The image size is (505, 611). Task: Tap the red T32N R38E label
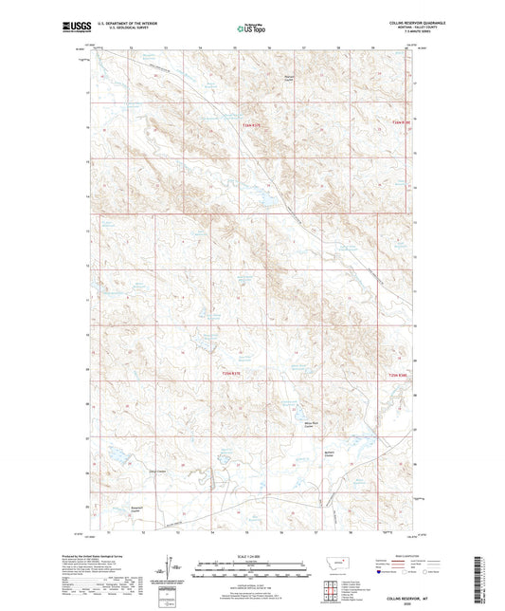[x=402, y=374]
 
